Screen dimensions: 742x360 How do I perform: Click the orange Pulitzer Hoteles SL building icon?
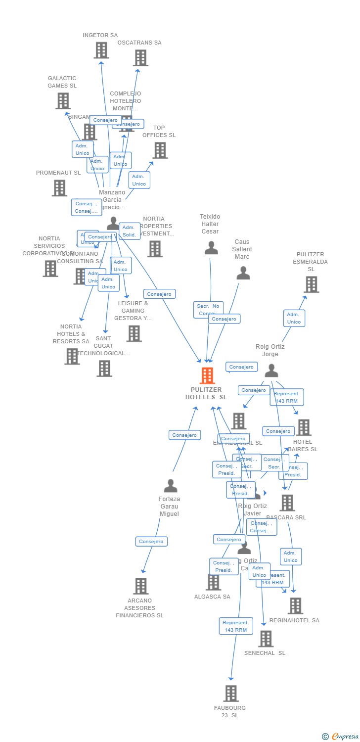pyautogui.click(x=207, y=376)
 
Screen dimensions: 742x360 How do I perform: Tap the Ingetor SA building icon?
pyautogui.click(x=101, y=50)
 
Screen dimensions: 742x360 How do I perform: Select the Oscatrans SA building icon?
pyautogui.click(x=140, y=57)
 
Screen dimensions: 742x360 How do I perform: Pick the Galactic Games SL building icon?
pyautogui.click(x=63, y=101)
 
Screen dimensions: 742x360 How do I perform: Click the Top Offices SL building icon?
pyautogui.click(x=160, y=150)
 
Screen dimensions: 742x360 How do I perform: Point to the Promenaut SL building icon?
pyautogui.click(x=59, y=188)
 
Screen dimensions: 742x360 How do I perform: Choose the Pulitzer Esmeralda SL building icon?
pyautogui.click(x=311, y=284)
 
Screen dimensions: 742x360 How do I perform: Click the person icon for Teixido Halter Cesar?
pyautogui.click(x=211, y=248)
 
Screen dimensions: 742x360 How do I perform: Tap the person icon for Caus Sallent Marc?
pyautogui.click(x=243, y=273)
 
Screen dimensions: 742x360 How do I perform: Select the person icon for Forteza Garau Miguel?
pyautogui.click(x=170, y=486)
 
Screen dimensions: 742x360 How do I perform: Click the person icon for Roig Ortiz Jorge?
pyautogui.click(x=271, y=371)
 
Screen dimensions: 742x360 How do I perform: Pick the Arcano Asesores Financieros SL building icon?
pyautogui.click(x=140, y=586)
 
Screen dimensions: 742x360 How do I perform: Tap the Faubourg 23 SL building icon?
pyautogui.click(x=230, y=694)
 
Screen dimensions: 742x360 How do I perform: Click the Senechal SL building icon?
pyautogui.click(x=266, y=639)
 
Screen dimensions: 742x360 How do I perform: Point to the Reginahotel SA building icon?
pyautogui.click(x=295, y=605)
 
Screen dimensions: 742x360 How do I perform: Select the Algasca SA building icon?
pyautogui.click(x=213, y=582)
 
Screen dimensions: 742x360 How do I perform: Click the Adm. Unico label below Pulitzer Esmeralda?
pyautogui.click(x=294, y=318)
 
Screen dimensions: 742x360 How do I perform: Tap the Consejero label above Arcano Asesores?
pyautogui.click(x=151, y=542)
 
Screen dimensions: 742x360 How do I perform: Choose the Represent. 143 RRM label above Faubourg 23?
pyautogui.click(x=236, y=626)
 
